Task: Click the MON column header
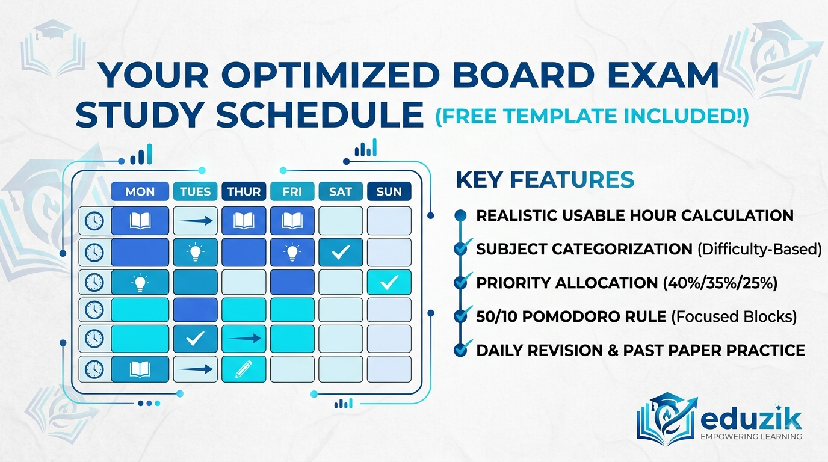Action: tap(140, 191)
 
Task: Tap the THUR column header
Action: tap(244, 191)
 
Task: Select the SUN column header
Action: tap(389, 191)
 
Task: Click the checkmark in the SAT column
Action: tap(341, 252)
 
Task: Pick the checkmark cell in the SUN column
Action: tap(389, 282)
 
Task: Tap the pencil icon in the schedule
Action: tap(244, 369)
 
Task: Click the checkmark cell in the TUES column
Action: tap(195, 339)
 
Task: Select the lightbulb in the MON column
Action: tap(140, 283)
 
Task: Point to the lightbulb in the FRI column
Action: tap(292, 253)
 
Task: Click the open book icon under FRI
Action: tap(292, 221)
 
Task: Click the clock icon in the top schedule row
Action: tap(94, 221)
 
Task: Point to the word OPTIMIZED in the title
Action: tap(330, 75)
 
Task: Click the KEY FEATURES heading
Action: tap(545, 180)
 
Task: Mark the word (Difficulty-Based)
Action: tap(759, 250)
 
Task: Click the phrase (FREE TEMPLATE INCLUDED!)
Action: tap(592, 116)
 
